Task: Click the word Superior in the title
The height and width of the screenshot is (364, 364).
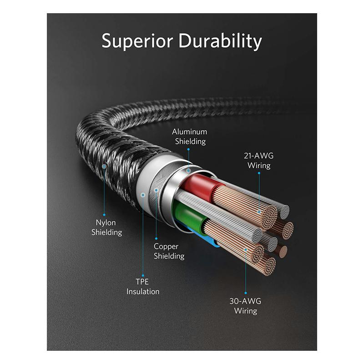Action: coord(137,41)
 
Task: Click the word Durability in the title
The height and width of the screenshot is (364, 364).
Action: coord(220,41)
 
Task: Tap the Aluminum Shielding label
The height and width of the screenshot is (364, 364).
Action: coord(189,136)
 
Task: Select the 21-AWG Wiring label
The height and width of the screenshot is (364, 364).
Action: coord(259,161)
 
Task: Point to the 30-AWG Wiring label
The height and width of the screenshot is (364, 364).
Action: coord(245,306)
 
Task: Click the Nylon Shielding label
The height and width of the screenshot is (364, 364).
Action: coord(106,227)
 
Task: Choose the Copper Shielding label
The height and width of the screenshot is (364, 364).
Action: coord(169,251)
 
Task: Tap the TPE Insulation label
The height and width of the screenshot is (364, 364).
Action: coord(143,286)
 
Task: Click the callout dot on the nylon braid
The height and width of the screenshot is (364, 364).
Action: coord(104,167)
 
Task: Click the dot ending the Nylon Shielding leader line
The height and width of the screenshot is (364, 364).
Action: coord(104,214)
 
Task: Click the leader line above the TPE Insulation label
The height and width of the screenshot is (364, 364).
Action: coord(143,237)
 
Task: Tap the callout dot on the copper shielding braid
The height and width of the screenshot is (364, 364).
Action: coord(156,190)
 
